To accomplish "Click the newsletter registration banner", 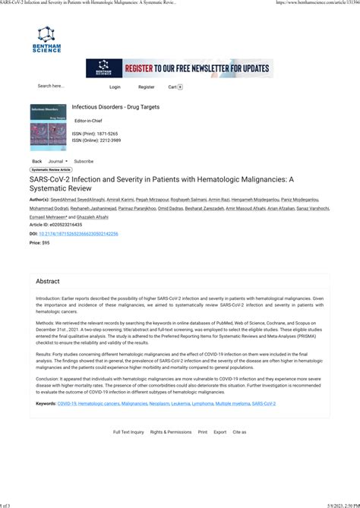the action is click(x=179, y=68).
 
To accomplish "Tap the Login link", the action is click(x=115, y=87).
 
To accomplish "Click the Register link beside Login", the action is click(x=146, y=87).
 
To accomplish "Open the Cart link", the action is click(x=175, y=87).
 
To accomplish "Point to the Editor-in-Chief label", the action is click(x=88, y=121).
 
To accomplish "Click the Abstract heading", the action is click(x=48, y=281).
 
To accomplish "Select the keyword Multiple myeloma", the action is click(x=232, y=404).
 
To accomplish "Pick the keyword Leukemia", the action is click(x=181, y=404).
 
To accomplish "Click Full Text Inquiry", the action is click(x=128, y=432).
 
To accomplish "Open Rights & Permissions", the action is click(x=171, y=432).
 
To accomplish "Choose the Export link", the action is click(x=220, y=432).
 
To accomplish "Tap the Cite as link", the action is click(x=239, y=432).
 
